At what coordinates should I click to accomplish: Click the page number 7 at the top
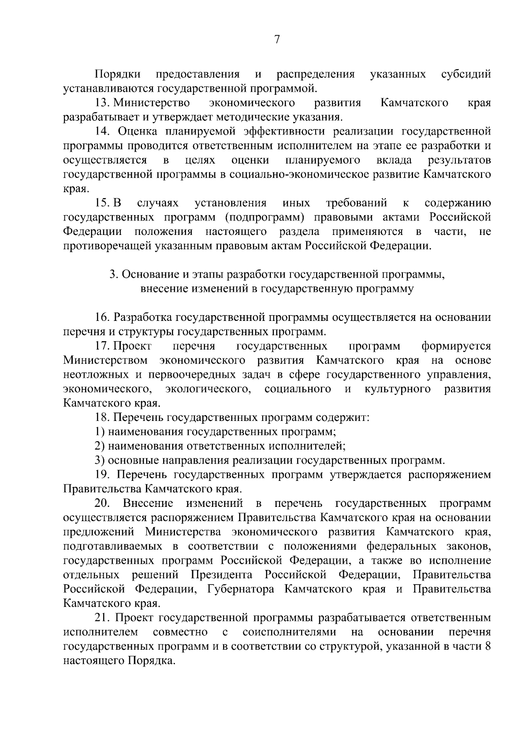277,40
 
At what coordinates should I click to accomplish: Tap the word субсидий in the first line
466,74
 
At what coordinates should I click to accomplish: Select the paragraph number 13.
103,103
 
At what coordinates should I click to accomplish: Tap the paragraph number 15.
103,203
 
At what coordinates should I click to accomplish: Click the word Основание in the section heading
150,275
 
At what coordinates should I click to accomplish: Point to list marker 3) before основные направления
100,461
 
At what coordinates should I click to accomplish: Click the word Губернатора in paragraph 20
240,589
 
